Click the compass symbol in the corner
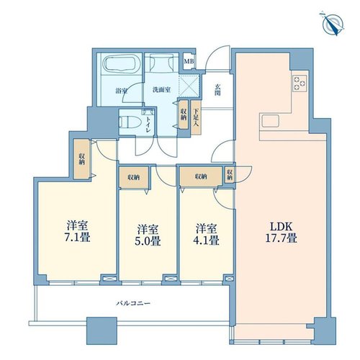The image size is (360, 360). (x=333, y=24)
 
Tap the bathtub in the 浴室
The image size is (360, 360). (x=121, y=63)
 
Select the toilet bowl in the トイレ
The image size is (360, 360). (x=130, y=122)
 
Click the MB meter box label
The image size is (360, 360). (x=189, y=61)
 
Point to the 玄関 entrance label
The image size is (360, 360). (x=217, y=90)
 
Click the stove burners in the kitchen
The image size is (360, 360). (x=300, y=84)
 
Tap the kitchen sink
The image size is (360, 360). (x=271, y=121)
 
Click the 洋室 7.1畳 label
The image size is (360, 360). (x=77, y=231)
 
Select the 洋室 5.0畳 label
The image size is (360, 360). (x=148, y=235)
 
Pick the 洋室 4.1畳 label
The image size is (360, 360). (x=207, y=235)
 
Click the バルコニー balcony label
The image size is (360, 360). (x=133, y=303)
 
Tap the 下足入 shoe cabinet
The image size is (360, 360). (x=197, y=117)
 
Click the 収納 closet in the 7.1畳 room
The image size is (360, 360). (x=81, y=159)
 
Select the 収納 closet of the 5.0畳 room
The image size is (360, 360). (x=134, y=178)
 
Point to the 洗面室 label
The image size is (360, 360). (x=161, y=90)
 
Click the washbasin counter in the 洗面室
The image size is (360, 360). (x=161, y=63)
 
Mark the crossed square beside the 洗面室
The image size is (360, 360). (x=189, y=86)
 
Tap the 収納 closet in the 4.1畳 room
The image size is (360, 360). (x=201, y=176)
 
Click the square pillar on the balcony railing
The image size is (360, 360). (x=102, y=331)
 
